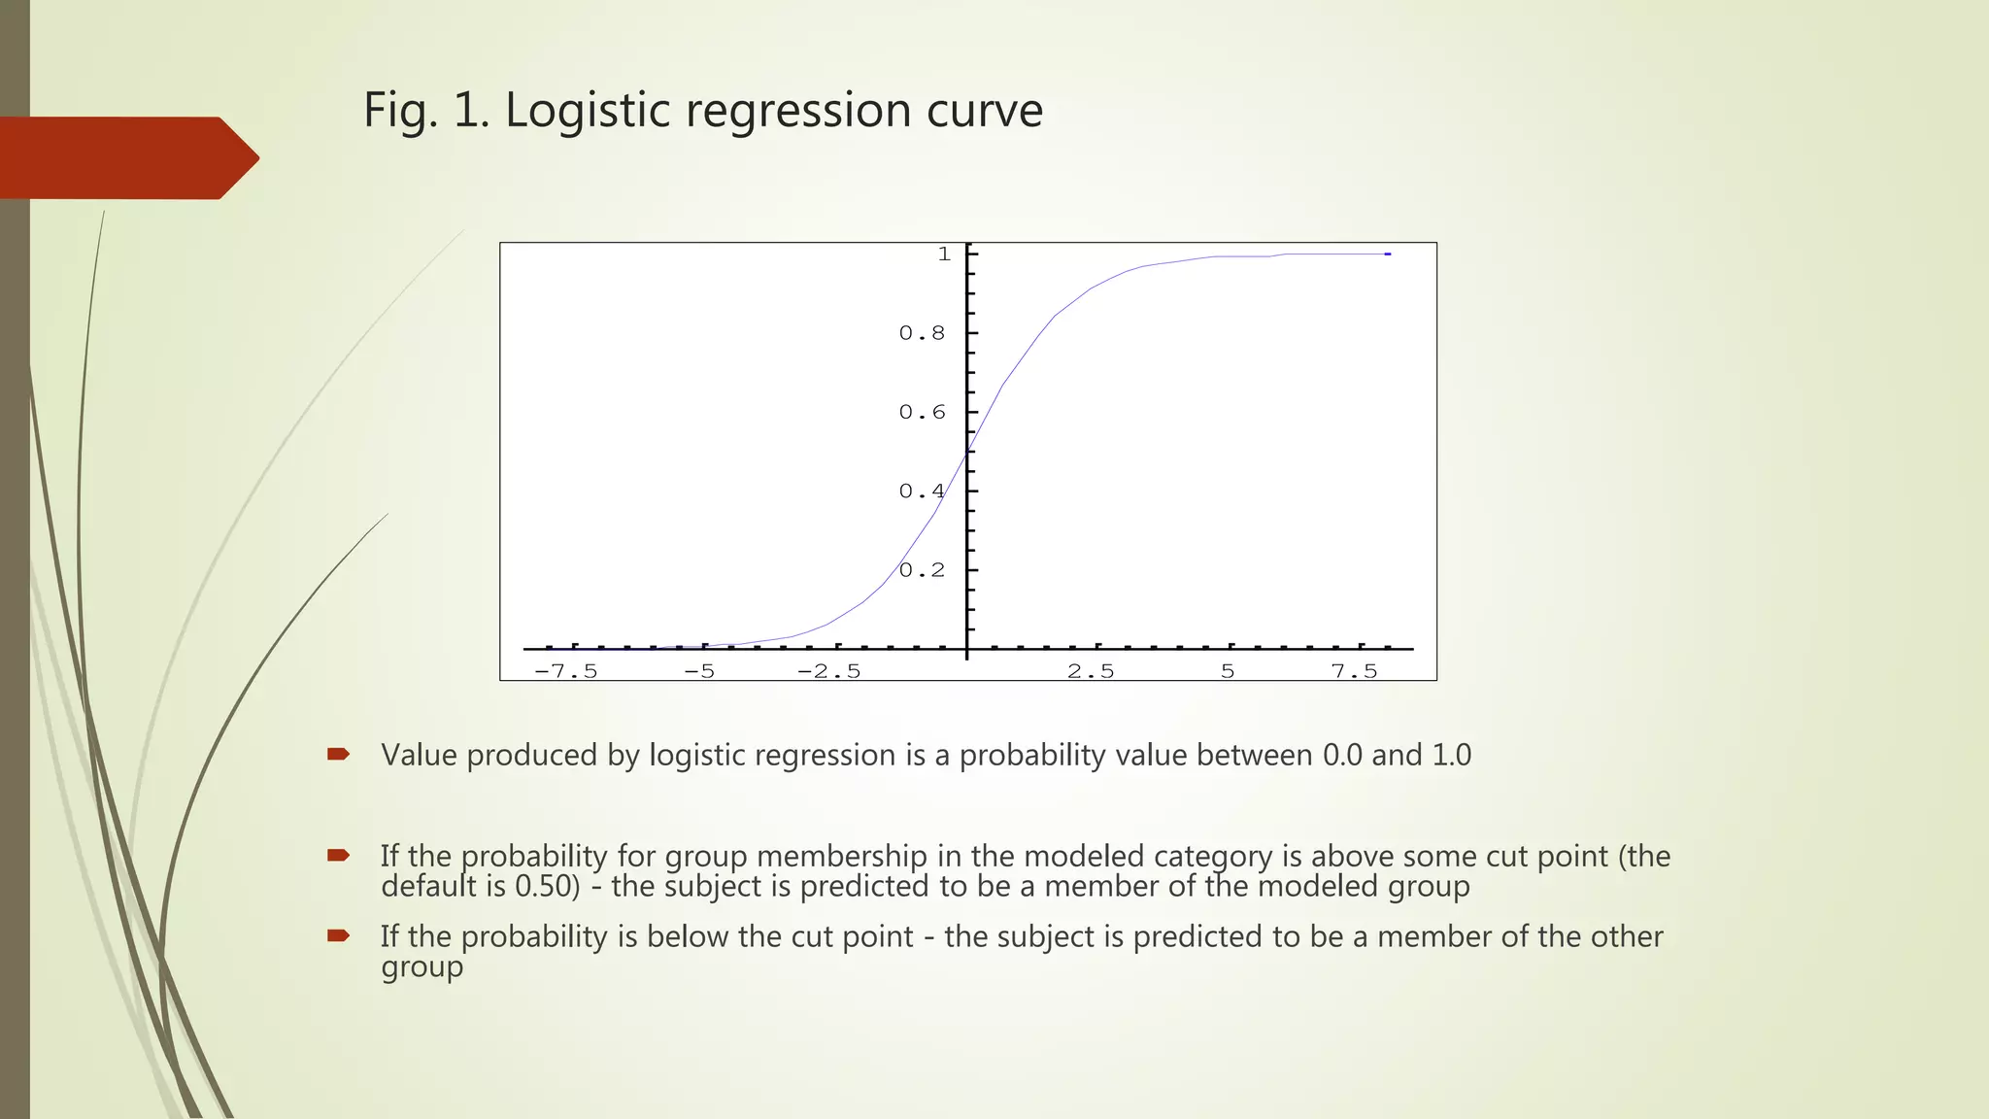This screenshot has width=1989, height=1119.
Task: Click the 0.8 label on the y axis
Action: pos(922,333)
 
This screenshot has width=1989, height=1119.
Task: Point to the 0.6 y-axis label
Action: pos(922,412)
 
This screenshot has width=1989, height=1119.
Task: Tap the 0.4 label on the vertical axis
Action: pos(922,492)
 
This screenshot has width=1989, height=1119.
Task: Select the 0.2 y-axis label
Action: pos(922,570)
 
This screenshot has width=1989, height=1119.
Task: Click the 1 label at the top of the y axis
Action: pos(944,254)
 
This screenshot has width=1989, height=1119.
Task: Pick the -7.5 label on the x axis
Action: pos(566,671)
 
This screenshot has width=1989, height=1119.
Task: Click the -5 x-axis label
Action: pos(699,671)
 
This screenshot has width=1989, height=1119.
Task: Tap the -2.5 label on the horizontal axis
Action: pos(829,671)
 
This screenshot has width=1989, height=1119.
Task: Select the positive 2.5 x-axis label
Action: pos(1091,671)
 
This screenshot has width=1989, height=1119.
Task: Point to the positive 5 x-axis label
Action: pos(1228,671)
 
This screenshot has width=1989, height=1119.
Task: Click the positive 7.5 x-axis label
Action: pos(1355,671)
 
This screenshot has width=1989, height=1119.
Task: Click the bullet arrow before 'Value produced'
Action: pos(338,754)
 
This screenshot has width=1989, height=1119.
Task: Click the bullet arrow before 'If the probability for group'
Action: pos(338,855)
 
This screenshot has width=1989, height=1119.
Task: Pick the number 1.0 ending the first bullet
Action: pos(1452,755)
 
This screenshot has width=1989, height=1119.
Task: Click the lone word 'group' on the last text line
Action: pos(421,967)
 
